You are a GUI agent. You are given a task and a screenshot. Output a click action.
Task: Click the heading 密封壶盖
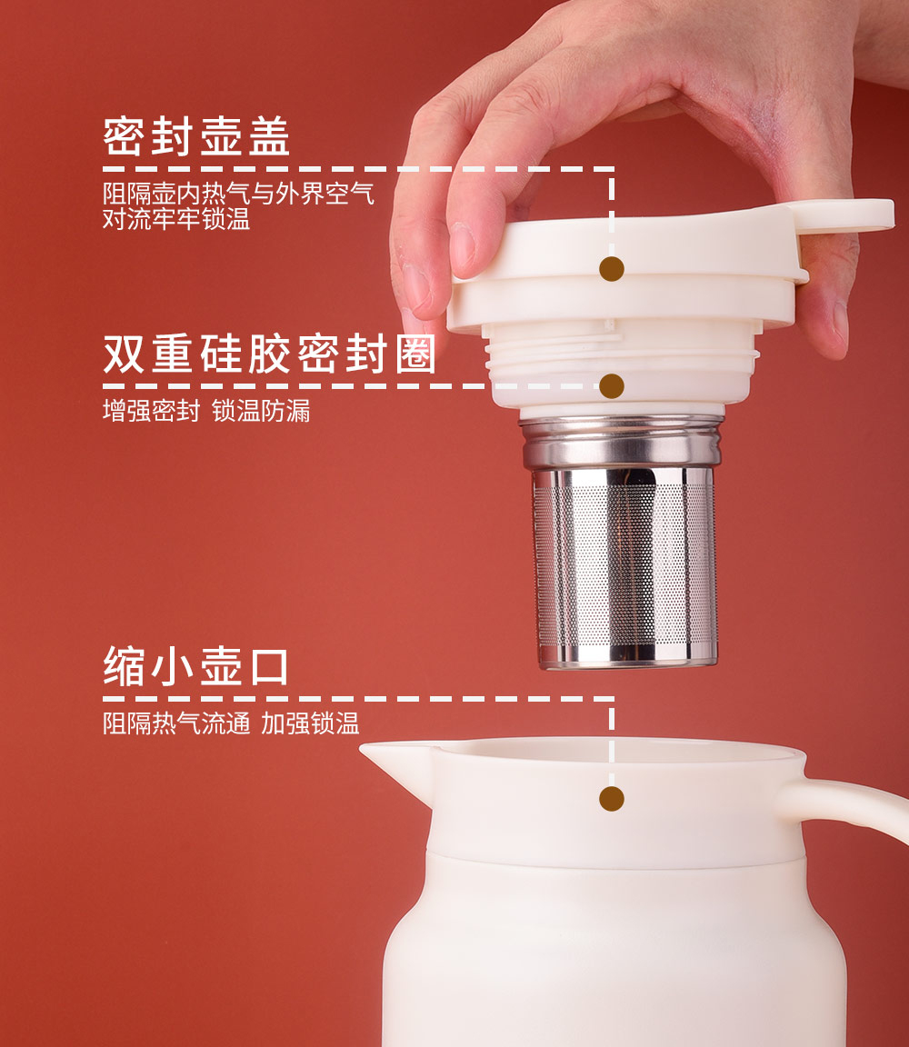(196, 137)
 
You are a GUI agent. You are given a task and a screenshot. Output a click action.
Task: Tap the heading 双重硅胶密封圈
(270, 354)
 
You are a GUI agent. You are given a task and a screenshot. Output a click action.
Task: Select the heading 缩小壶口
(195, 666)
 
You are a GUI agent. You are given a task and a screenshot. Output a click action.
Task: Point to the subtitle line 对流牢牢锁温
(176, 219)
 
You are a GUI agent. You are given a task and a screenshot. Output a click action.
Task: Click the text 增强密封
(152, 411)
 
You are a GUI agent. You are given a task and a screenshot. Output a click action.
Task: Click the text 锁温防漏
(261, 411)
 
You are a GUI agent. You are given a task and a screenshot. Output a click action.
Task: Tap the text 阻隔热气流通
(176, 723)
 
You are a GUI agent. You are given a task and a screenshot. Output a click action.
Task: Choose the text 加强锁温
(310, 723)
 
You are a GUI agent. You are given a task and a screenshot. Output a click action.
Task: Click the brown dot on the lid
(612, 269)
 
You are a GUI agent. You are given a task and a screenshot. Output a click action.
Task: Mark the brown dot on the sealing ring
(612, 386)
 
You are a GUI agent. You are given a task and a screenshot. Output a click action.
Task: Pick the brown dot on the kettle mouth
(612, 799)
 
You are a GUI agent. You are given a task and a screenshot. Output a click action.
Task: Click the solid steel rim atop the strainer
(622, 442)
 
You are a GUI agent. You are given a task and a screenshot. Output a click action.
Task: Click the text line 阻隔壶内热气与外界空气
(238, 194)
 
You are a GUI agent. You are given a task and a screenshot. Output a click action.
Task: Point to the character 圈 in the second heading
(416, 354)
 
